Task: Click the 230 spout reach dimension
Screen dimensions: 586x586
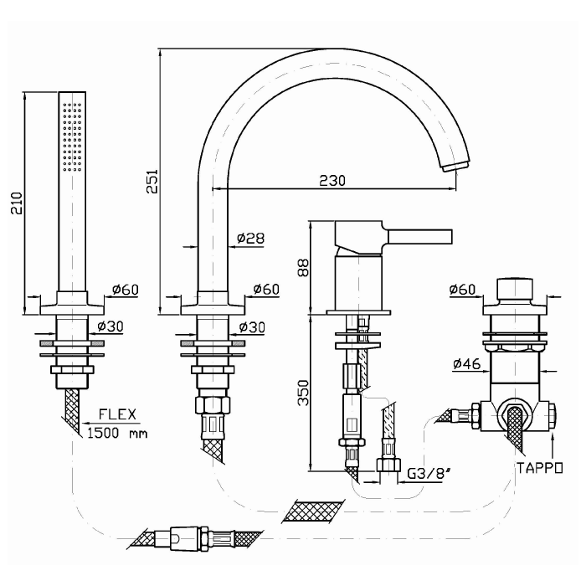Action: pos(333,180)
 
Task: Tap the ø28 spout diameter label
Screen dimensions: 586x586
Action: pos(251,239)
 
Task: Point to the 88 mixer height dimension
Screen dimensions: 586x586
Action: pos(303,267)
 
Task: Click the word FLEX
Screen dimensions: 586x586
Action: pos(118,414)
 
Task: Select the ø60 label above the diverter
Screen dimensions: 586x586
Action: pos(462,290)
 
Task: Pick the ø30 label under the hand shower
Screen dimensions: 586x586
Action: pos(111,326)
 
